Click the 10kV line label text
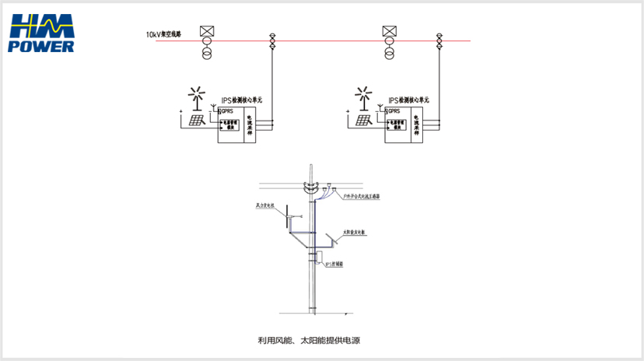pyautogui.click(x=163, y=35)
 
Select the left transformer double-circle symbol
pyautogui.click(x=207, y=52)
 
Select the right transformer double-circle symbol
pyautogui.click(x=390, y=52)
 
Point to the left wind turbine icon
pyautogui.click(x=194, y=94)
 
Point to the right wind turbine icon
pyautogui.click(x=362, y=94)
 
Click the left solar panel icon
pyautogui.click(x=196, y=120)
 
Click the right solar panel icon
pyautogui.click(x=364, y=120)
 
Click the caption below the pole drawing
pyautogui.click(x=312, y=340)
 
